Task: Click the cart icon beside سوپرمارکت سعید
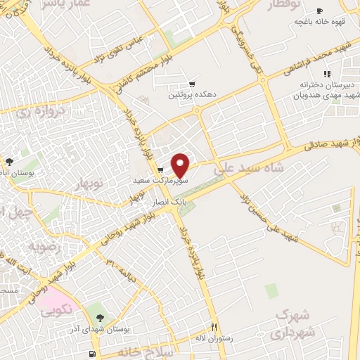pyautogui.click(x=160, y=170)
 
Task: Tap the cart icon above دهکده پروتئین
pyautogui.click(x=191, y=84)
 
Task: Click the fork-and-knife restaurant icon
pyautogui.click(x=215, y=327)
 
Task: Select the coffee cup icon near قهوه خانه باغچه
pyautogui.click(x=319, y=11)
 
